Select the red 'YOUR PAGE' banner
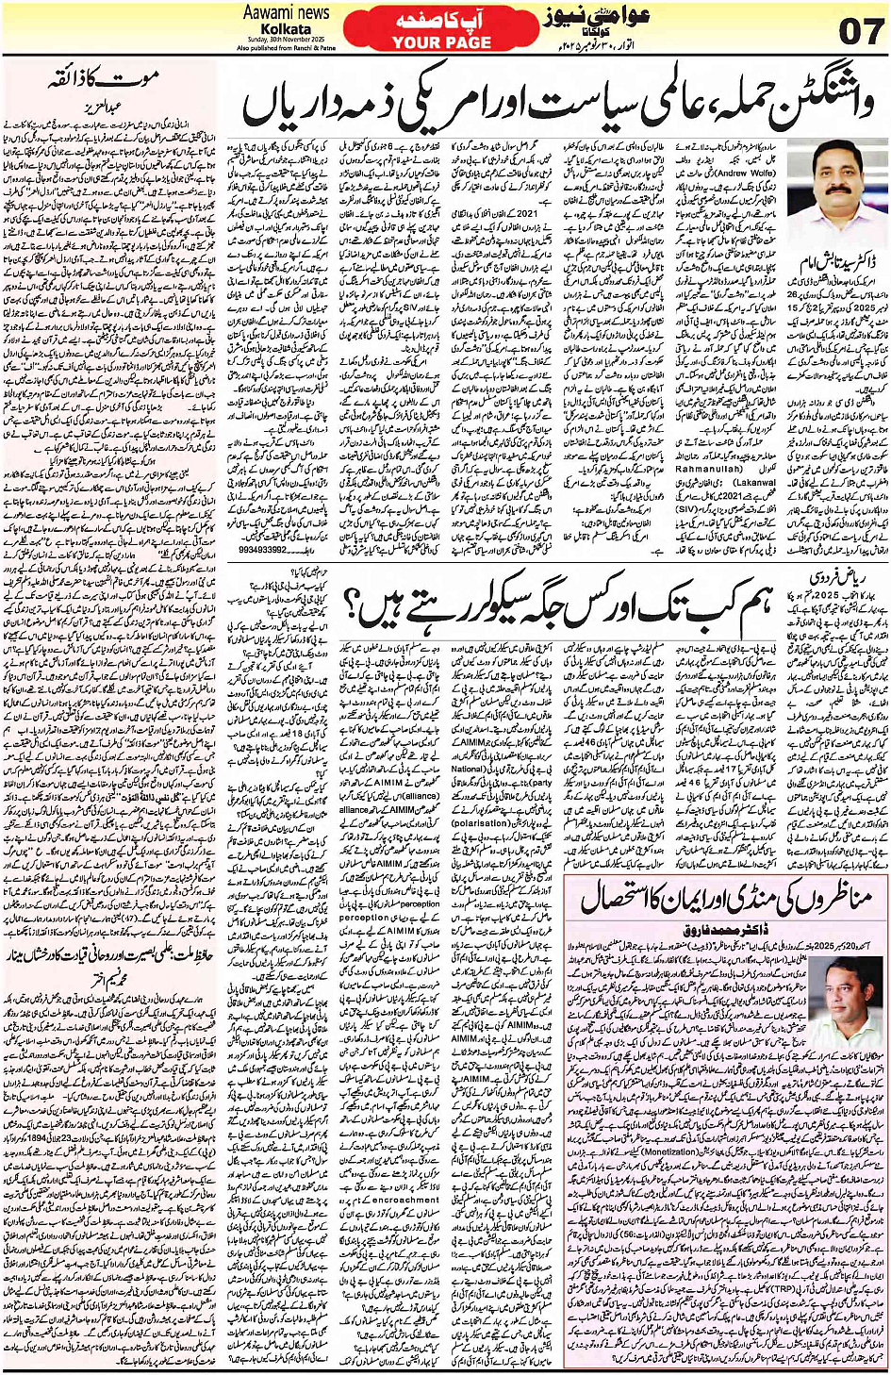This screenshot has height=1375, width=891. point(429,42)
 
